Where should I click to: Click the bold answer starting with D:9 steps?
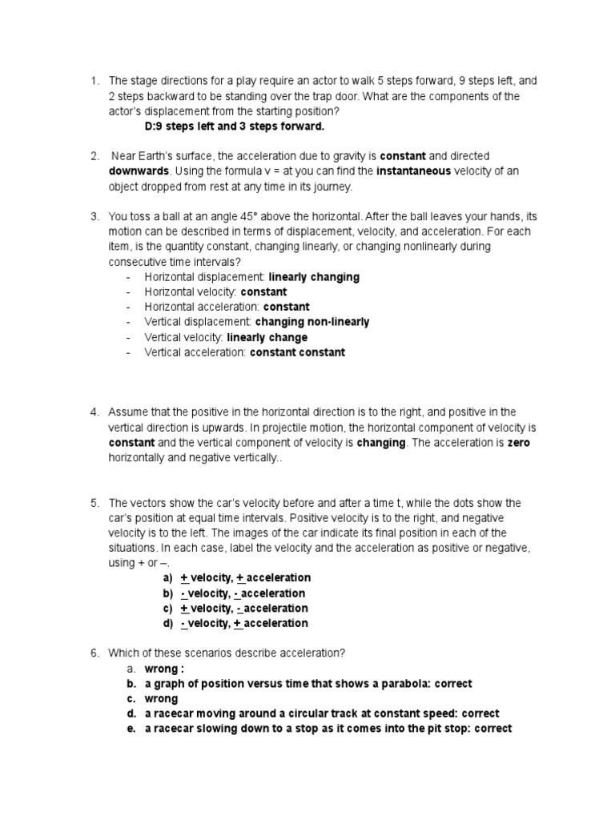point(234,127)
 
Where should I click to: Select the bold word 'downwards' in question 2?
point(139,171)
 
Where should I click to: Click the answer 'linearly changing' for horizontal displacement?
point(314,277)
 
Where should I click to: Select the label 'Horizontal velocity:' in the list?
point(191,292)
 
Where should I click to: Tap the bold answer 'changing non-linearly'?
point(312,322)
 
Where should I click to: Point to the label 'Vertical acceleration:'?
point(195,352)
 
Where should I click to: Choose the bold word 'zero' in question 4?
point(518,443)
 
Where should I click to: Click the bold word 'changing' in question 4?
point(381,443)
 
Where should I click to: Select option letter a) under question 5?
point(167,578)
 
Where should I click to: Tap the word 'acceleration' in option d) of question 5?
point(275,623)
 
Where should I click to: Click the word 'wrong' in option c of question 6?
point(161,699)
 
